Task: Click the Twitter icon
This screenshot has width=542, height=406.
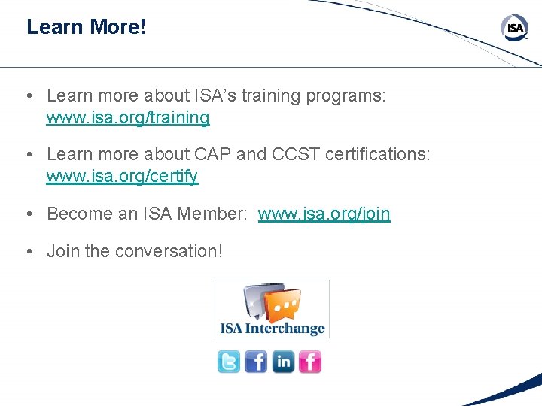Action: click(229, 362)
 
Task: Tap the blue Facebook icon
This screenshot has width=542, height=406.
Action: click(256, 362)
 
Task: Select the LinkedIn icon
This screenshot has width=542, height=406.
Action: click(283, 362)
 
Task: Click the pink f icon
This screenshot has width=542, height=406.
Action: click(310, 362)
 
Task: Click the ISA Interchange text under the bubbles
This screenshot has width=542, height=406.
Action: click(272, 329)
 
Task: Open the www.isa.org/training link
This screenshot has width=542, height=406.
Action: click(128, 117)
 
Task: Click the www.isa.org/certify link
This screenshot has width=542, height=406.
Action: click(122, 177)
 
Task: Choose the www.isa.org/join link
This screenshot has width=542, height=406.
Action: click(324, 214)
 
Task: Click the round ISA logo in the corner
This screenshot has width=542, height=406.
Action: click(515, 29)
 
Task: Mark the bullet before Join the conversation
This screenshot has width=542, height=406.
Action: click(28, 251)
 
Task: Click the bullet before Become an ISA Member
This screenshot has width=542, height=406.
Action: click(28, 214)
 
